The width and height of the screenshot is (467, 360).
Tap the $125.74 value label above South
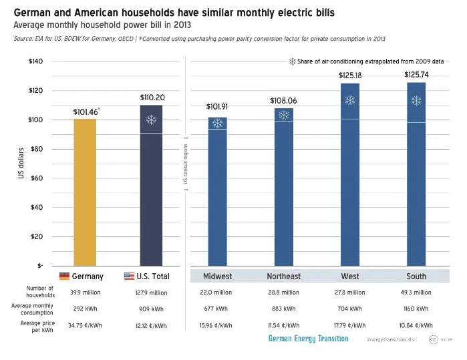pyautogui.click(x=416, y=75)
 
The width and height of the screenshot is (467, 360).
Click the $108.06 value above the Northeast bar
pyautogui.click(x=283, y=100)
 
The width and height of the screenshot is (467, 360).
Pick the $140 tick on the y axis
pyautogui.click(x=35, y=61)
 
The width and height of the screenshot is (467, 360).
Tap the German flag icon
pyautogui.click(x=64, y=277)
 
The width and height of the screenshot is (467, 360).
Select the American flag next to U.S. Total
pyautogui.click(x=129, y=277)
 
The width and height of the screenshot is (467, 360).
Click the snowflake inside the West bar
pyautogui.click(x=350, y=100)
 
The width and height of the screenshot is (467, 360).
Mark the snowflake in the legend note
pyautogui.click(x=291, y=61)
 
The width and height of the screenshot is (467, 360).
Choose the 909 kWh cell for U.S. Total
pyautogui.click(x=151, y=309)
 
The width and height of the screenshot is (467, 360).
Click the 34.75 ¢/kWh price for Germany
pyautogui.click(x=85, y=325)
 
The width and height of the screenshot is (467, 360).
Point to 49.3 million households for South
pyautogui.click(x=416, y=293)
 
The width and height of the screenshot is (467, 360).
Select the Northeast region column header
pyautogui.click(x=283, y=277)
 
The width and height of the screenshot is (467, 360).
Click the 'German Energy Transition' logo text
pyautogui.click(x=308, y=339)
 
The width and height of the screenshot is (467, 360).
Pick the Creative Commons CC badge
pyautogui.click(x=434, y=339)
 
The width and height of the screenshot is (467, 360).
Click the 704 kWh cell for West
pyautogui.click(x=350, y=309)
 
